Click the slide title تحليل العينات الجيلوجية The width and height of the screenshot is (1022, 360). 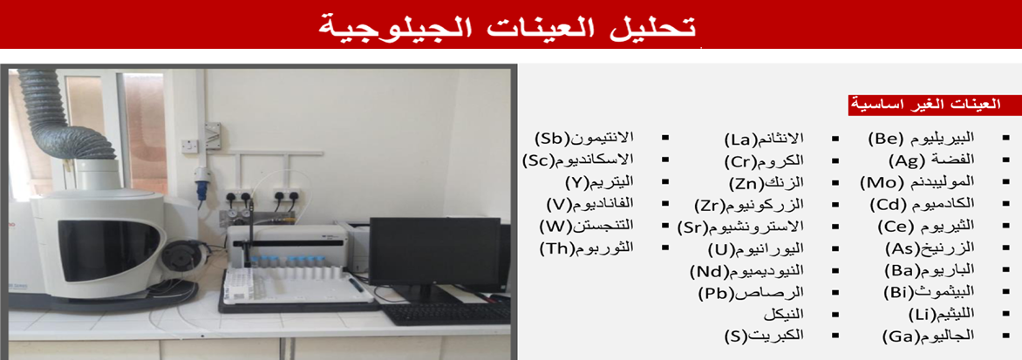(508, 27)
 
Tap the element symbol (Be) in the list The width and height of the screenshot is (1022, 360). (885, 138)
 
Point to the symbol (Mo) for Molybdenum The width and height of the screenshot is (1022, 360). (880, 182)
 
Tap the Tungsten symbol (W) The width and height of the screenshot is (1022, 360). (554, 227)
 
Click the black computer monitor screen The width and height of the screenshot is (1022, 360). (434, 254)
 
